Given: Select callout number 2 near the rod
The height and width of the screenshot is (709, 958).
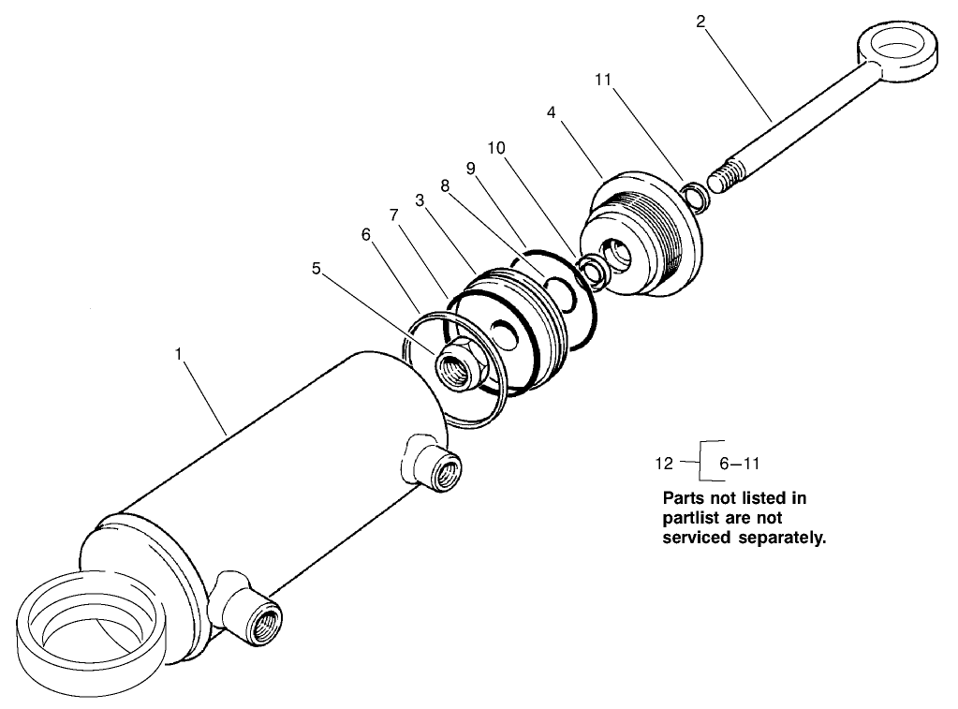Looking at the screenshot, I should (700, 21).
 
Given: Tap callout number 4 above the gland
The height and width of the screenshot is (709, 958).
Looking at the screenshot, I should (552, 112).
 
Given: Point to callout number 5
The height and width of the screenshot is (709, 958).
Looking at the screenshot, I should (317, 267).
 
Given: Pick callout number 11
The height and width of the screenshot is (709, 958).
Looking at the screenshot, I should (602, 81).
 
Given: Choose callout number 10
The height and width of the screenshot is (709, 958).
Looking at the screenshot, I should (496, 148).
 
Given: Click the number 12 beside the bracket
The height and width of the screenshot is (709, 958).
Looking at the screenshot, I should (664, 463).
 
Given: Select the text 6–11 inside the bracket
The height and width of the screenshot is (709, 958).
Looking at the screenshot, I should (739, 463).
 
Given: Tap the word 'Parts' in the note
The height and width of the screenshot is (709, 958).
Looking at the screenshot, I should (685, 498).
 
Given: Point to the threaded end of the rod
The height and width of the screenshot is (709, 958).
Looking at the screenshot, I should (725, 178).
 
